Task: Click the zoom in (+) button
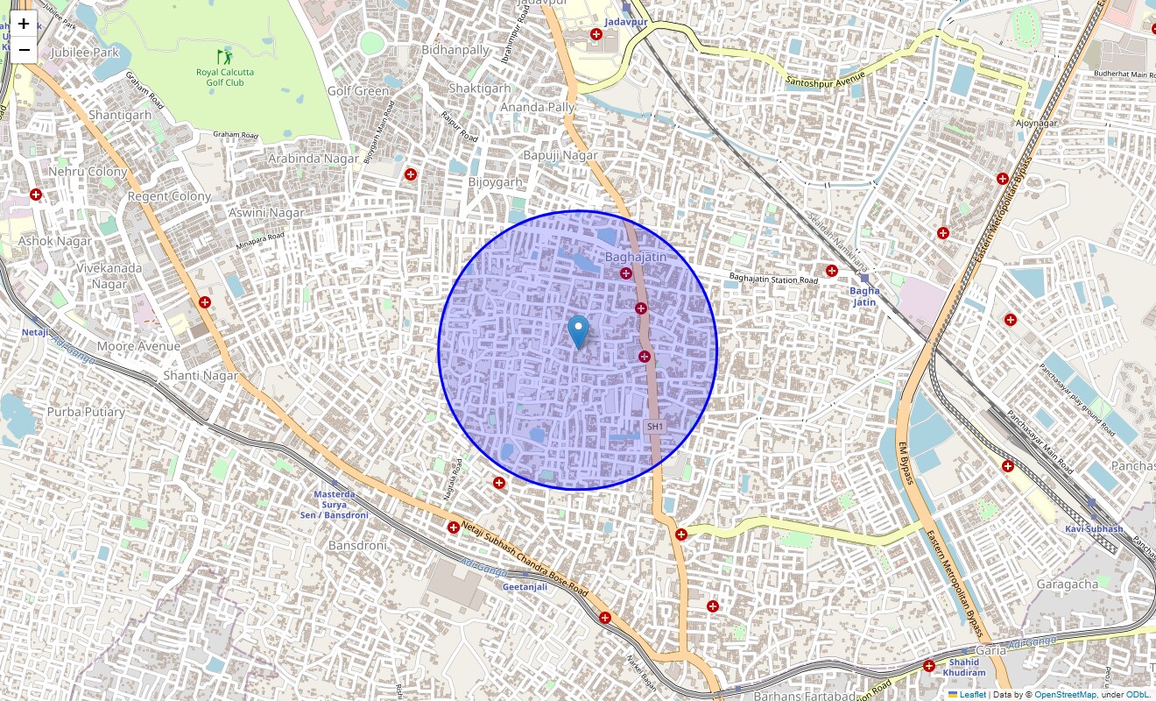[x=24, y=24]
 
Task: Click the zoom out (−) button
[x=24, y=49]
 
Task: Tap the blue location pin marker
[x=578, y=332]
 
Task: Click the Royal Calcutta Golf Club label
[x=220, y=77]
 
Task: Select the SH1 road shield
[x=654, y=427]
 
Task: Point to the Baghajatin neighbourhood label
[x=636, y=257]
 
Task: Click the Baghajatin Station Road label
[x=773, y=280]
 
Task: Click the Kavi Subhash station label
[x=1094, y=528]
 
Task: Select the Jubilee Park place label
[x=84, y=53]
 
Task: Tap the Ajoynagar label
[x=1037, y=123]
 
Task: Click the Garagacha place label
[x=1067, y=584]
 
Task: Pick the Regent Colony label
[x=169, y=196]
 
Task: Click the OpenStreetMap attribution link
[x=1065, y=695]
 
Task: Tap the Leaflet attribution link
[x=972, y=695]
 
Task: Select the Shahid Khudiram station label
[x=967, y=668]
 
